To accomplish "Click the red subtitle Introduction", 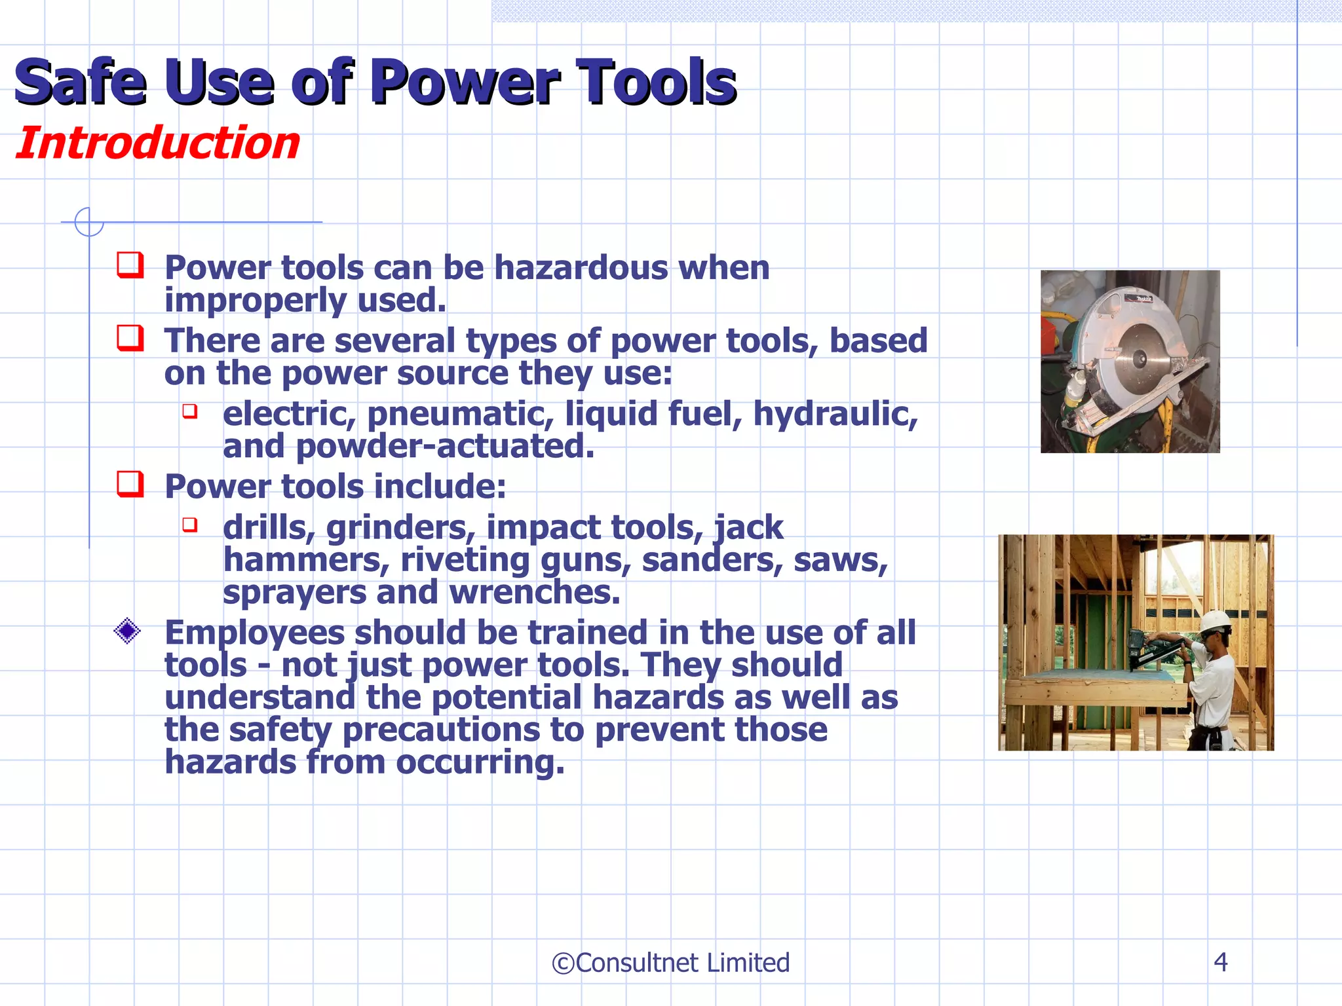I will tap(157, 143).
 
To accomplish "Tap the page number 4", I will tap(1220, 961).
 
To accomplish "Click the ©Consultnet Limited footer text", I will tap(670, 963).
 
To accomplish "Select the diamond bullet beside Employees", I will tap(127, 631).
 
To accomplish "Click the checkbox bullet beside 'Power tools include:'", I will tap(130, 485).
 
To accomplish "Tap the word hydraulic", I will tap(835, 414).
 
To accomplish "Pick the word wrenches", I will tap(534, 593).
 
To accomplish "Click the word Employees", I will tap(254, 633).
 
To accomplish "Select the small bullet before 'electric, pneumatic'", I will tap(190, 411).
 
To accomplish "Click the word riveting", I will tap(465, 561).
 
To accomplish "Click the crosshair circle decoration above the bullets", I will tap(88, 221).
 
